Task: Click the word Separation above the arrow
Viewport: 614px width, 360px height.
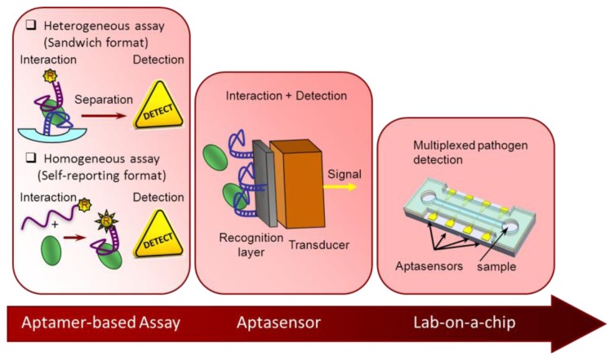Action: tap(104, 101)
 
